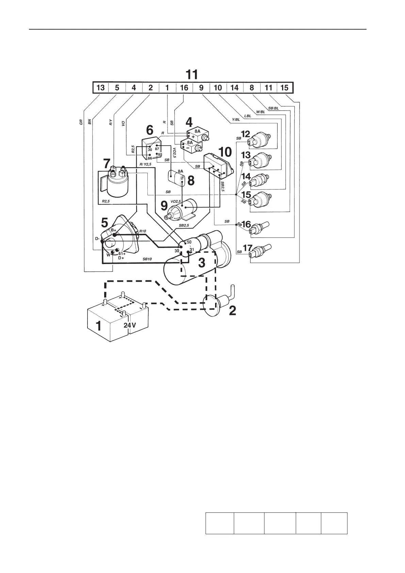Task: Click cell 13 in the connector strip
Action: click(100, 88)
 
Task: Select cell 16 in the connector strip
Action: click(184, 88)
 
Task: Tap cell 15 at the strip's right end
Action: click(285, 88)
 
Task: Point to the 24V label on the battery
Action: click(130, 325)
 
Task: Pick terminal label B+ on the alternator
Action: click(113, 230)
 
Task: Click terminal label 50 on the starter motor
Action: click(189, 242)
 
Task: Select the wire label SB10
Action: click(147, 259)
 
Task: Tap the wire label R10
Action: click(142, 231)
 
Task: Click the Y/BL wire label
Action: click(236, 119)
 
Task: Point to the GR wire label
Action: click(81, 122)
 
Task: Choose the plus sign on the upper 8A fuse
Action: click(193, 136)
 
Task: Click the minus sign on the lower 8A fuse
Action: click(187, 148)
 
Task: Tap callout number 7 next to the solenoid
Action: click(107, 164)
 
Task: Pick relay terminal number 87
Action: click(157, 149)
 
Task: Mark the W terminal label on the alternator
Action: click(109, 255)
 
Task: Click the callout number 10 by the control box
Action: click(225, 152)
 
